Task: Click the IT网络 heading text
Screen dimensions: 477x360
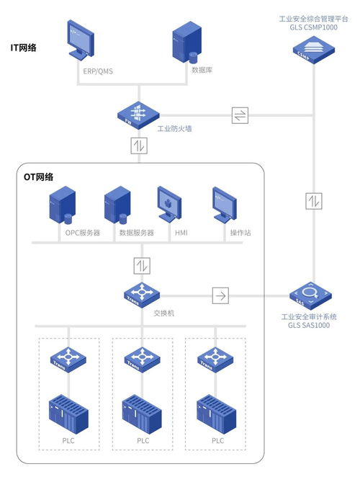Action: coord(24,48)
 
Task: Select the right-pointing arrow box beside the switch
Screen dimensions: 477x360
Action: coord(221,295)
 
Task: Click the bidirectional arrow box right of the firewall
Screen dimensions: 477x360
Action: coord(240,116)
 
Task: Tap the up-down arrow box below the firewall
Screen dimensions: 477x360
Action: coord(138,146)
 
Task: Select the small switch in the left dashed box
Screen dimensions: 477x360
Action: coord(68,357)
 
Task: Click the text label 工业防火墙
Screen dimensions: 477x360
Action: coord(174,129)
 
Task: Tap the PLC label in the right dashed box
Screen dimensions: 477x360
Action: coord(217,440)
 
